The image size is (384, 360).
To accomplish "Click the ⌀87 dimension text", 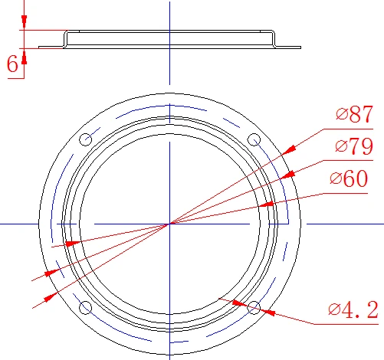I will (353, 116).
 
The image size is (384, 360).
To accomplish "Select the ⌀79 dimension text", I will (353, 147).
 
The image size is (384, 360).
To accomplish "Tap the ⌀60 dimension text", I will (349, 178).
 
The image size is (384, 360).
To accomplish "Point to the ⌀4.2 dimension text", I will (353, 310).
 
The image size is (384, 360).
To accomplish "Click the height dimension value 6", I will (12, 65).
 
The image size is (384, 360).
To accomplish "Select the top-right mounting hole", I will (254, 139).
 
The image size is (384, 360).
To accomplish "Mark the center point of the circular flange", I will (169, 223).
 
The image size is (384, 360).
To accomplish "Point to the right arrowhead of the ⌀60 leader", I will (265, 205).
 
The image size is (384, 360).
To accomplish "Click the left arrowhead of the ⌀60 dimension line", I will (71, 244).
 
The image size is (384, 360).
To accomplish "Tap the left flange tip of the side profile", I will (40, 47).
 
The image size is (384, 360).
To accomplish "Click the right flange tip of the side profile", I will (300, 47).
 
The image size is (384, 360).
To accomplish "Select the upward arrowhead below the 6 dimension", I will (24, 53).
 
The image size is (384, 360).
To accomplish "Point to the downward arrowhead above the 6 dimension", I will (24, 24).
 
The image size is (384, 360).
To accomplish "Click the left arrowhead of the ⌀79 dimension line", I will (57, 270).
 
